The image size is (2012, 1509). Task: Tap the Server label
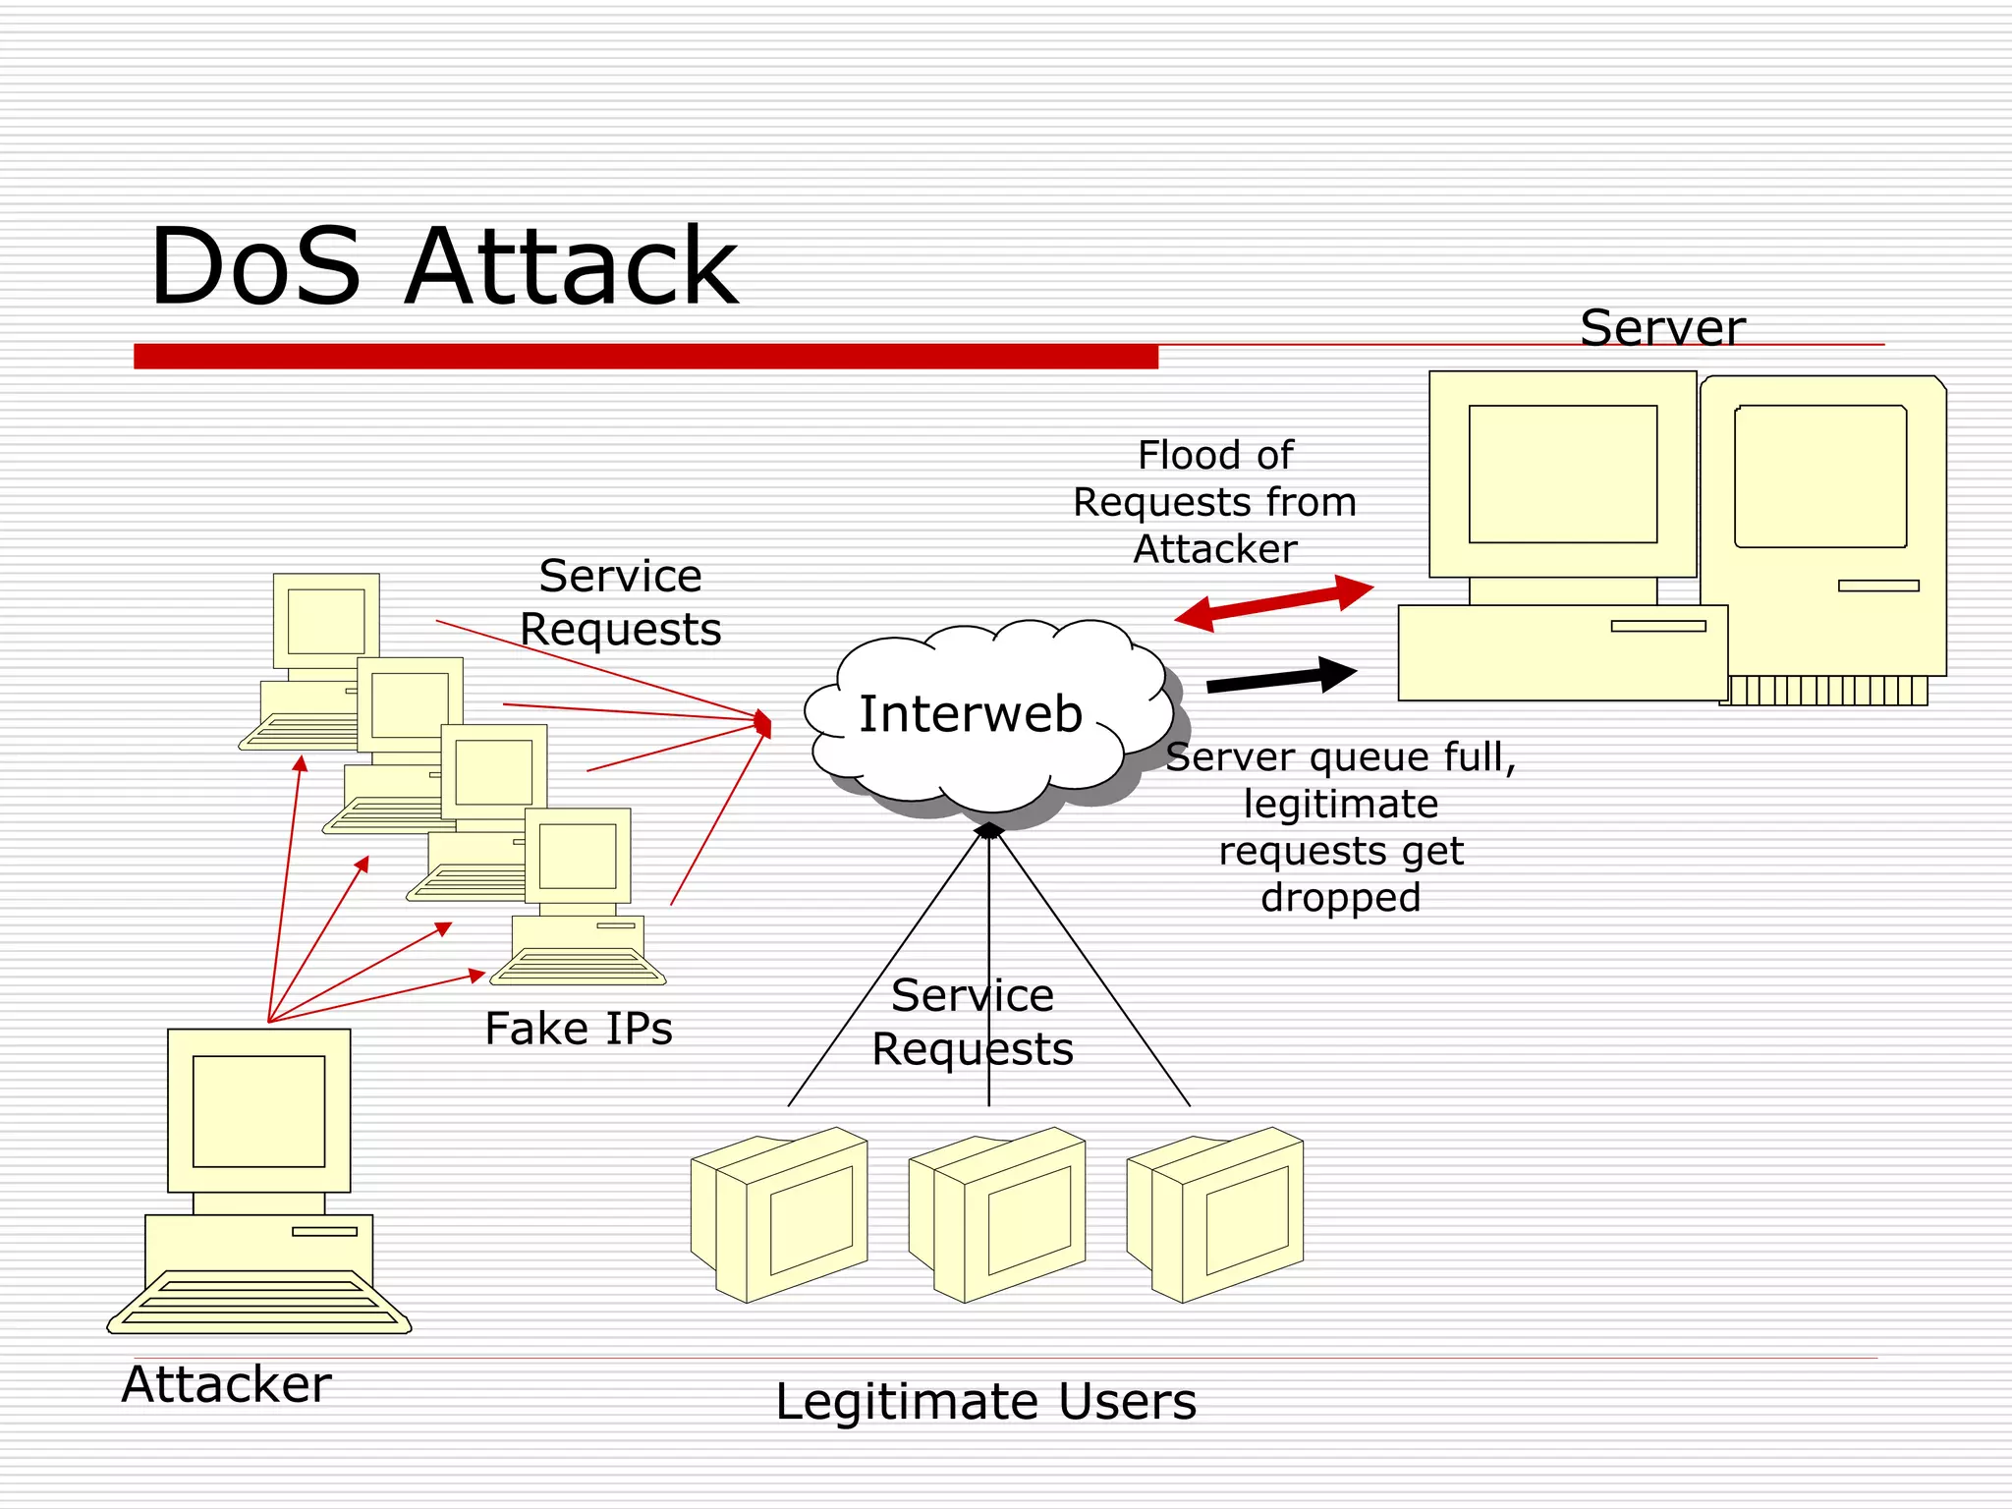click(1662, 327)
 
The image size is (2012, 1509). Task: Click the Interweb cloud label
click(971, 713)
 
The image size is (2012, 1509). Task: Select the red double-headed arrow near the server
click(1274, 602)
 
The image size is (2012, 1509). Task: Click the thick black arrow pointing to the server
click(1281, 678)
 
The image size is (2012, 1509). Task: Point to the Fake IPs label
click(579, 1029)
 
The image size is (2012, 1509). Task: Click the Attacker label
click(226, 1384)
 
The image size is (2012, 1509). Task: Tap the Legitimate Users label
click(985, 1401)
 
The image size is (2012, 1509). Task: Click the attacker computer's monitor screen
click(258, 1111)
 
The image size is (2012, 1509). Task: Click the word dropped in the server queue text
click(1340, 897)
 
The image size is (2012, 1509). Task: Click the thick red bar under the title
click(645, 356)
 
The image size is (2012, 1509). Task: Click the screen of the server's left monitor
click(1562, 474)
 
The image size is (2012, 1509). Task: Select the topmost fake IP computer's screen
click(326, 621)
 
